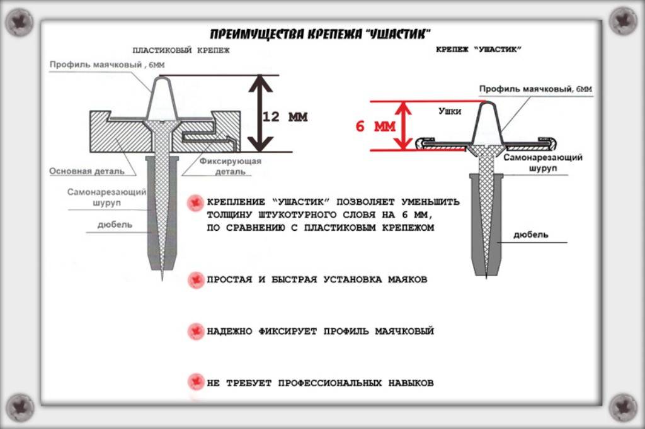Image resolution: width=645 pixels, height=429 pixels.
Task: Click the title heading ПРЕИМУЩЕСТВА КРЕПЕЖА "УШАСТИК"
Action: point(321,34)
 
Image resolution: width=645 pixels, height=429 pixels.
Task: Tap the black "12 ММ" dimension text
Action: point(285,117)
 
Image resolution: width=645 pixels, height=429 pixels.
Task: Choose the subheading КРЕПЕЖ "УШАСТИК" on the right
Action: point(479,49)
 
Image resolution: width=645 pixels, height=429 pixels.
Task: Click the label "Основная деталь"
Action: point(88,171)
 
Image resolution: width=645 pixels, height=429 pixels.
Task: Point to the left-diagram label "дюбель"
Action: point(115,225)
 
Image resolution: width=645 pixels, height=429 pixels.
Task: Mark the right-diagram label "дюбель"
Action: point(530,235)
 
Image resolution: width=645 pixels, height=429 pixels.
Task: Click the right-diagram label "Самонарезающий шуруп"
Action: point(542,162)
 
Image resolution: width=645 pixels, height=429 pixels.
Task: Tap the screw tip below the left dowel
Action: point(162,274)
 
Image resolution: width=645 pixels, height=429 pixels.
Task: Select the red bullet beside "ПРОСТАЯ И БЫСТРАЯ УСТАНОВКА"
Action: point(196,279)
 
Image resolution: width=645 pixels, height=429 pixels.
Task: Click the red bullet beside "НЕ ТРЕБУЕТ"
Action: point(196,382)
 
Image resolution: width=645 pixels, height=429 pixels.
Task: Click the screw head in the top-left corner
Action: point(20,22)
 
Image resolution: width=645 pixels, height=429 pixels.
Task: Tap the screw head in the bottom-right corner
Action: point(623,406)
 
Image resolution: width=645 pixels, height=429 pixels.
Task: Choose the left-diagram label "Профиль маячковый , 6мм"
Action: point(108,65)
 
